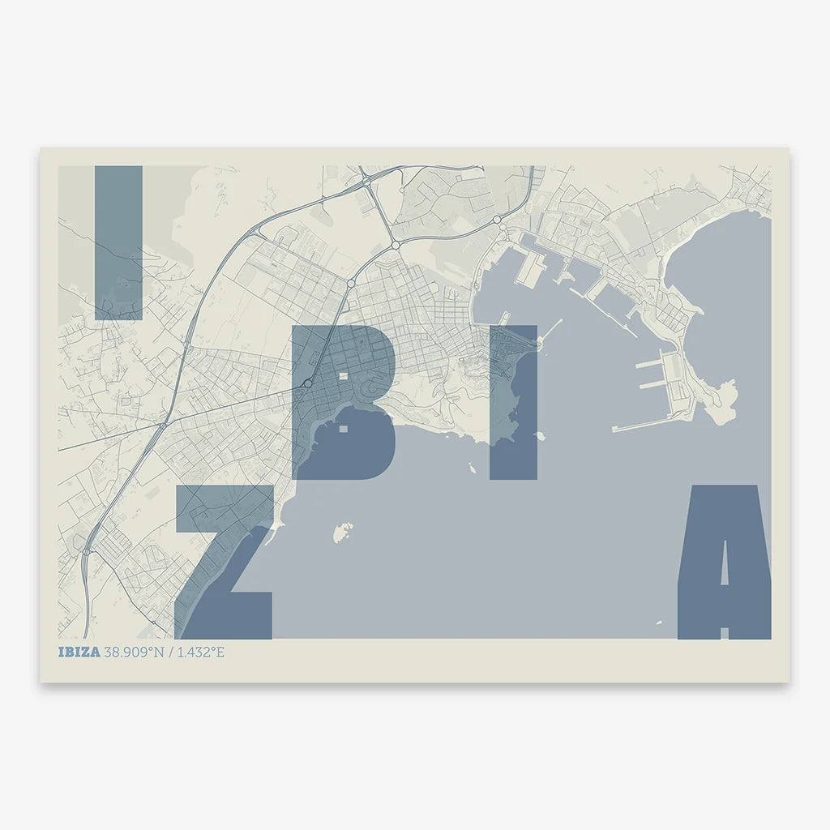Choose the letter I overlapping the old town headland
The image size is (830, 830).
[513, 402]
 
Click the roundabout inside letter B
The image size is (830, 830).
[308, 383]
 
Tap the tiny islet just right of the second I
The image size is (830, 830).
[541, 436]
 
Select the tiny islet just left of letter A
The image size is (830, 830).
[659, 622]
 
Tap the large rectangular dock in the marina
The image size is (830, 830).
[530, 267]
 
